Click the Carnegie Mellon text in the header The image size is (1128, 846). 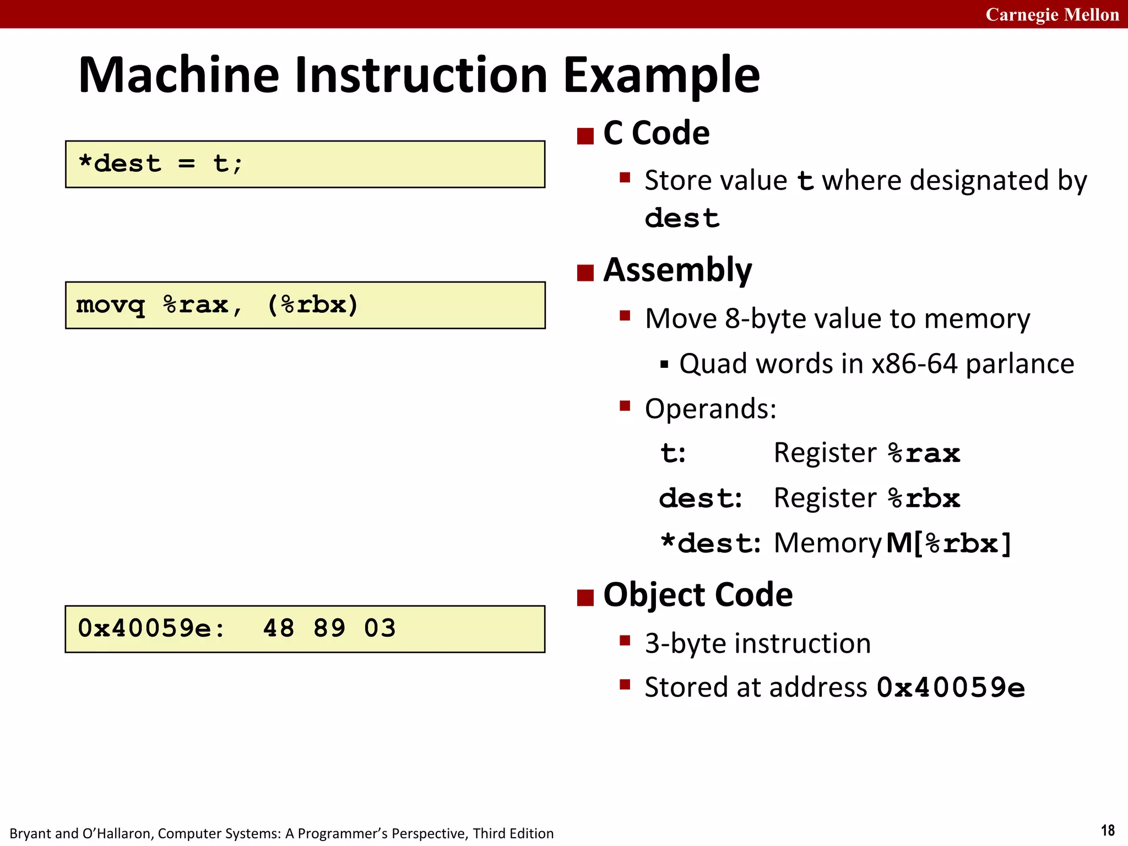(1052, 14)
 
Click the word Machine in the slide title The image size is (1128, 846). (179, 75)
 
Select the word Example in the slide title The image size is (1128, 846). (661, 75)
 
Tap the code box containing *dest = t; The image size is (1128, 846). (305, 164)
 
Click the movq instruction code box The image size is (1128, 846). (305, 305)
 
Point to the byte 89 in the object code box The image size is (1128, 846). (329, 628)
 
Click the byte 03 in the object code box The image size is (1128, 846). (380, 628)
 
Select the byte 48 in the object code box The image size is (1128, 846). (279, 628)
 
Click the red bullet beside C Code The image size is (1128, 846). (585, 135)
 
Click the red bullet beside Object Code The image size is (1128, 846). (585, 597)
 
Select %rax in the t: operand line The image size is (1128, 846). (924, 453)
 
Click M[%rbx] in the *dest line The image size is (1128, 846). (949, 544)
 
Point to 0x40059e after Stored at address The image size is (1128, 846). (951, 687)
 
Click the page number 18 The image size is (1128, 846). (1108, 830)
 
